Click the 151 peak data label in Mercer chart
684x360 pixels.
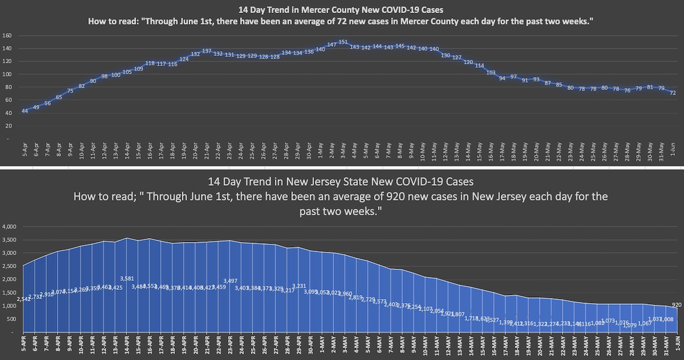343,42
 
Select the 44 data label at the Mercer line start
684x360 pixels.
25,111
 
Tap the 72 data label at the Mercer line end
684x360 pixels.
673,93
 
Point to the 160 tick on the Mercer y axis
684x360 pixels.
7,35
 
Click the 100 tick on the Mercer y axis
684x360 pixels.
7,74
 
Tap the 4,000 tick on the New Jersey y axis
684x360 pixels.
10,227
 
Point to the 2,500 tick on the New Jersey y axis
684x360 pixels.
10,267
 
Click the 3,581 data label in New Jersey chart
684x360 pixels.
128,279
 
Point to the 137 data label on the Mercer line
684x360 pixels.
206,51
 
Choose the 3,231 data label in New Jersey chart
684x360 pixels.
299,286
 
